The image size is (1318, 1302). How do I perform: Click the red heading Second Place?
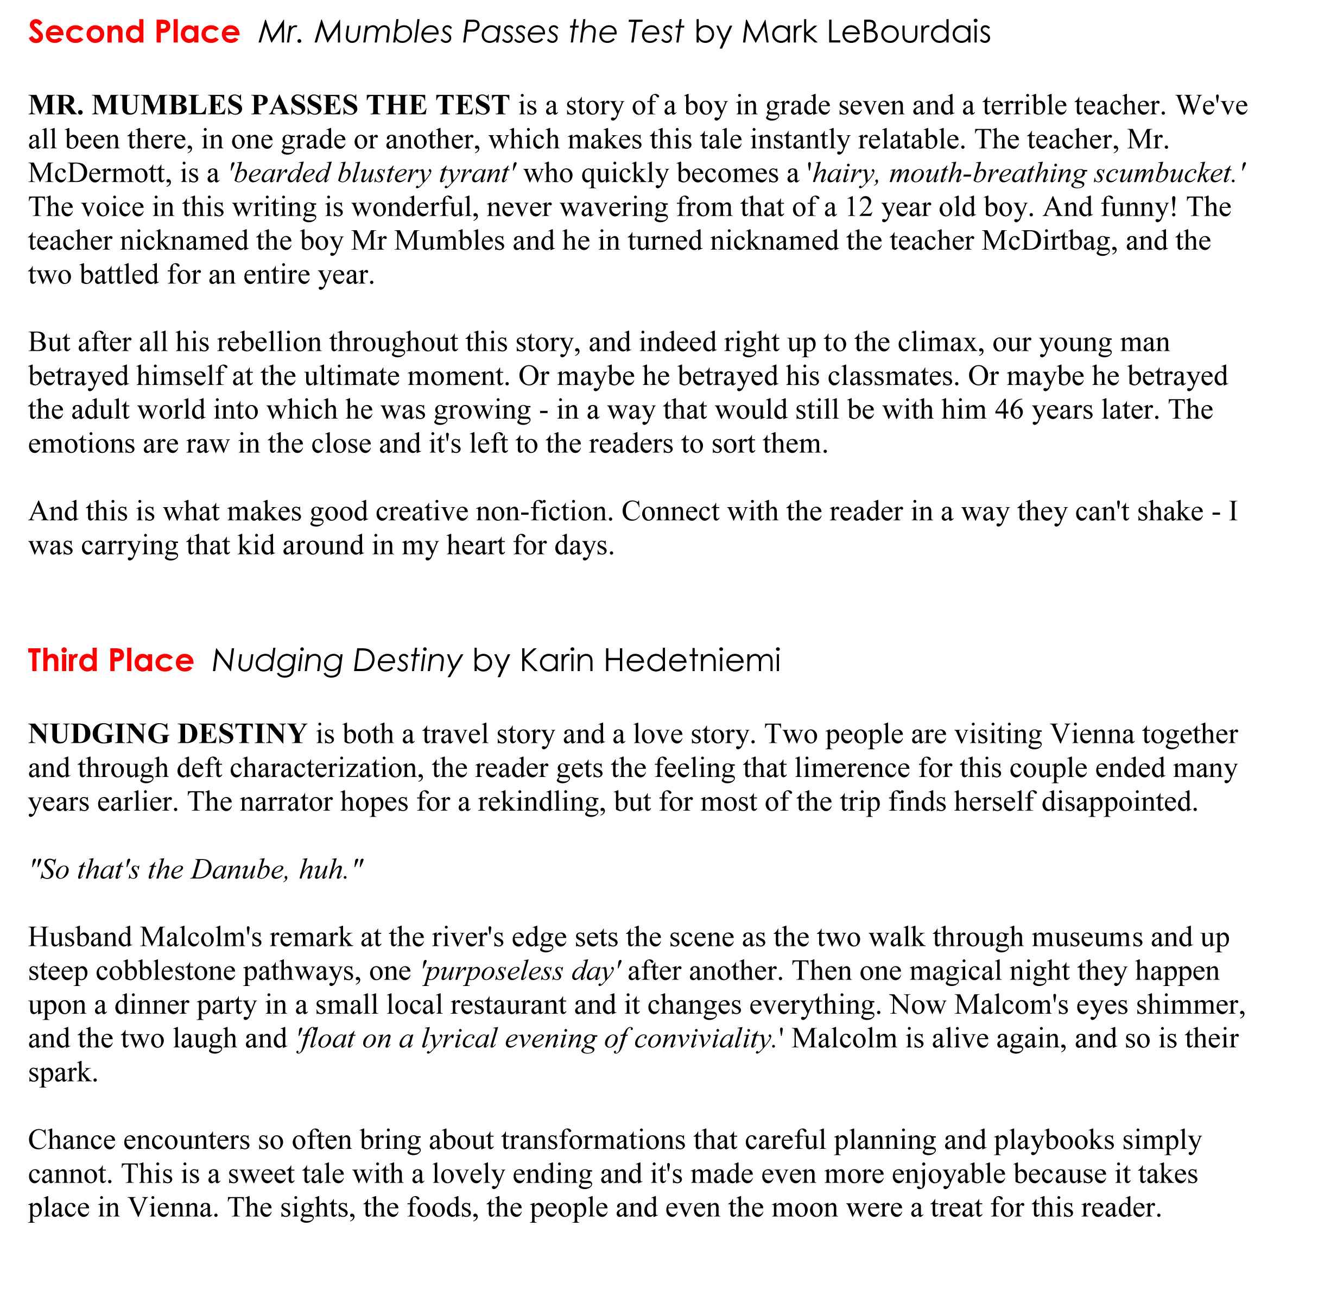point(134,32)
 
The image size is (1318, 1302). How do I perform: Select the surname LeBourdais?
point(909,32)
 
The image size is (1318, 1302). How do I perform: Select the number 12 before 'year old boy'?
point(859,207)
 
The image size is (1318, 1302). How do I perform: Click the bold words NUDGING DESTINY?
point(168,734)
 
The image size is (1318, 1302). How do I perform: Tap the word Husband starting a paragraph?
point(80,937)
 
